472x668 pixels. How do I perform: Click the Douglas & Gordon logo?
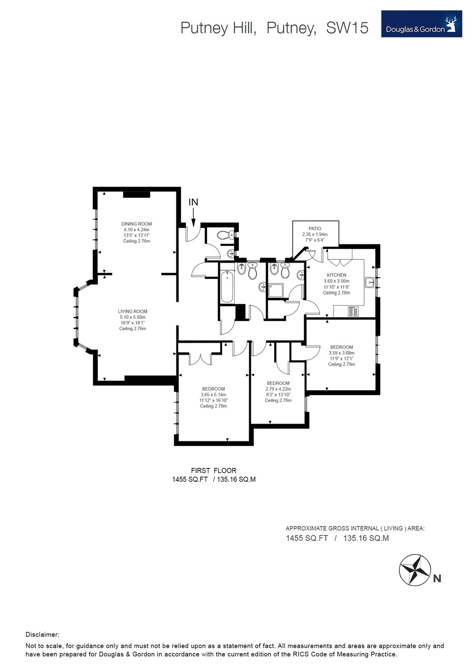421,24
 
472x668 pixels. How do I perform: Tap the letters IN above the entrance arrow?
194,202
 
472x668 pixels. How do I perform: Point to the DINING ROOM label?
136,224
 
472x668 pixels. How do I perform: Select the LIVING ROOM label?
133,311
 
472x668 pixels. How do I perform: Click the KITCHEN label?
336,275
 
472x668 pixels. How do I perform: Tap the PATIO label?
315,229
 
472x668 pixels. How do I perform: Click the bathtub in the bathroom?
227,286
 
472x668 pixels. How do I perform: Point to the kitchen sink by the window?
369,282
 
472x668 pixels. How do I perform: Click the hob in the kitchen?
354,312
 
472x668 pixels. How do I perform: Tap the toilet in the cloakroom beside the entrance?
226,235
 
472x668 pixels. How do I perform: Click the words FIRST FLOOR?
214,470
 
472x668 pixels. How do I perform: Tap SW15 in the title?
347,28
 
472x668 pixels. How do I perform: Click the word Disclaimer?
42,635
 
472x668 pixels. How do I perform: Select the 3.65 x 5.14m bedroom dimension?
213,394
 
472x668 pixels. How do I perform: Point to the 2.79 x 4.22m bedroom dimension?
278,389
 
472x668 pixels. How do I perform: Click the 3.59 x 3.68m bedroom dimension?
341,353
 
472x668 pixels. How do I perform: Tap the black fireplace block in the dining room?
136,194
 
